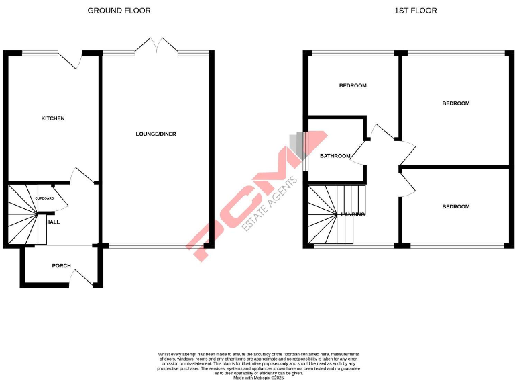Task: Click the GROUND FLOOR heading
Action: pyautogui.click(x=119, y=11)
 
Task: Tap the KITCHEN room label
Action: pyautogui.click(x=53, y=118)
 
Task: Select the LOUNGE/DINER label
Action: pyautogui.click(x=156, y=134)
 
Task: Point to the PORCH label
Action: pyautogui.click(x=61, y=266)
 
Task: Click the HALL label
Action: pyautogui.click(x=53, y=222)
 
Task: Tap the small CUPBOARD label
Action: pyautogui.click(x=44, y=199)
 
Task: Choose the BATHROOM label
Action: pyautogui.click(x=335, y=156)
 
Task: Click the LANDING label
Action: pyautogui.click(x=353, y=214)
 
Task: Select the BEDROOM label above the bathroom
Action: pyautogui.click(x=353, y=85)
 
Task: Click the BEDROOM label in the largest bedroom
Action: pyautogui.click(x=456, y=103)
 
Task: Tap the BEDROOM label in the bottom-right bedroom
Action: pyautogui.click(x=456, y=206)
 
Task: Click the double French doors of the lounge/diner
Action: pyautogui.click(x=156, y=46)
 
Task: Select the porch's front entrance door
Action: pyautogui.click(x=82, y=277)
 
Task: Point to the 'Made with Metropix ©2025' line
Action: pyautogui.click(x=259, y=378)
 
